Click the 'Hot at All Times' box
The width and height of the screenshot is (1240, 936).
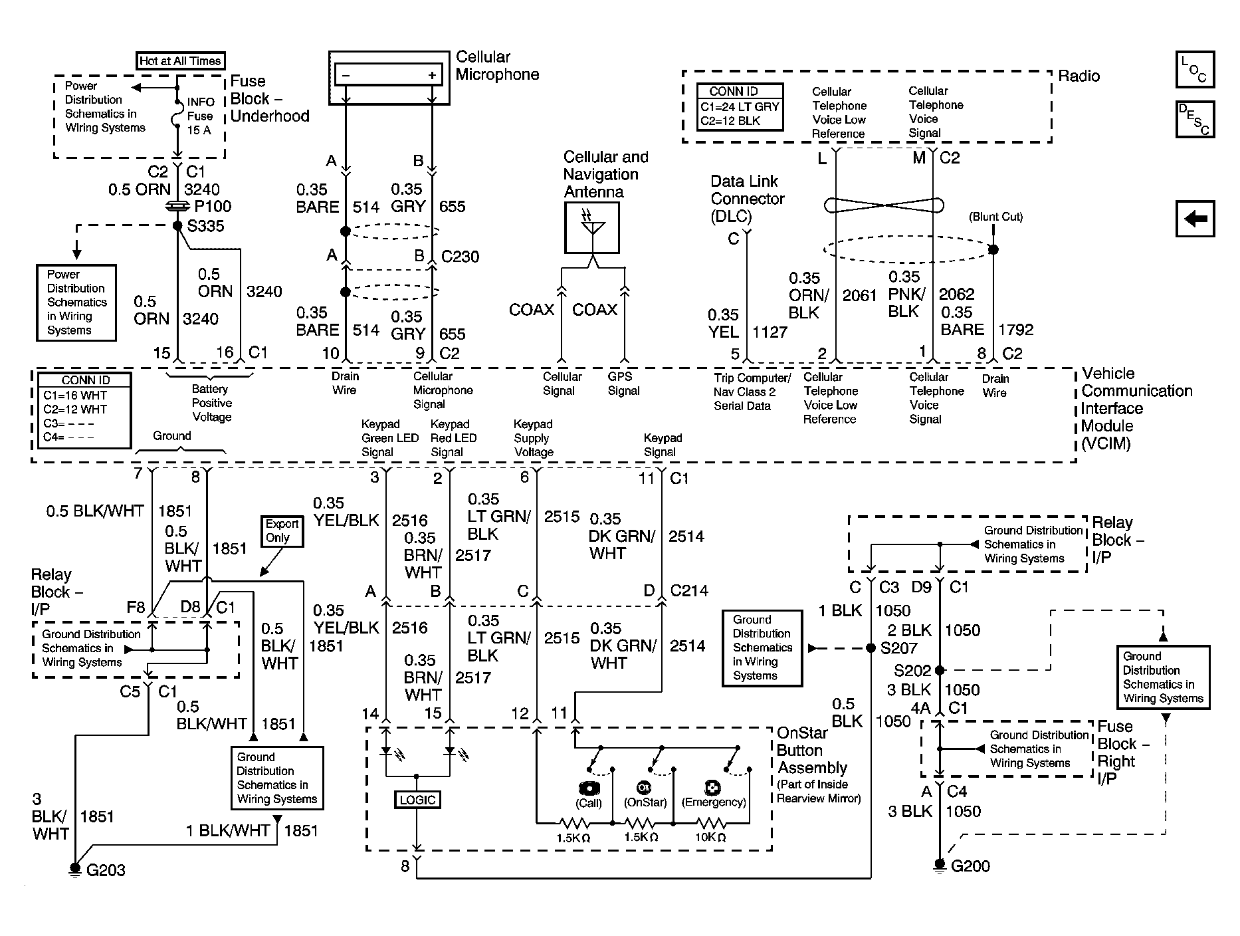(181, 61)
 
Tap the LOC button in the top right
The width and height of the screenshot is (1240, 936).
(1195, 70)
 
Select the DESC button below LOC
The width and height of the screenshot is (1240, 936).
(1195, 120)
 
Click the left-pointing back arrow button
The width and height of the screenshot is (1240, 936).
(1195, 219)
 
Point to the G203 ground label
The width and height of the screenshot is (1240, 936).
(106, 870)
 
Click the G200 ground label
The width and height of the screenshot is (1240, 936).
(971, 866)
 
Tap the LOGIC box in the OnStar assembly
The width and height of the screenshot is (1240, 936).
(417, 800)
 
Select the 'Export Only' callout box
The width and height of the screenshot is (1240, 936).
(282, 531)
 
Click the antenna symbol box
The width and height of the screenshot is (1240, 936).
(592, 228)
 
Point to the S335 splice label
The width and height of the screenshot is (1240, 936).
(206, 227)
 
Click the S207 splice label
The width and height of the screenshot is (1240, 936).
(899, 648)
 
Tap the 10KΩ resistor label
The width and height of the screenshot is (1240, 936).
(710, 838)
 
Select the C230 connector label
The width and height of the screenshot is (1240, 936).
(460, 257)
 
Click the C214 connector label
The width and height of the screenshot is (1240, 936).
(689, 590)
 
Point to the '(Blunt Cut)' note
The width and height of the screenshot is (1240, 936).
(995, 217)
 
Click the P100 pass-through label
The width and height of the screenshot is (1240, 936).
(213, 207)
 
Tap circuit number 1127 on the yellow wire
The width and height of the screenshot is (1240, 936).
(770, 332)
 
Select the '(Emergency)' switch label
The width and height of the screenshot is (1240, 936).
(714, 802)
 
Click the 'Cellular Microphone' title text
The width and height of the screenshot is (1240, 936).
(497, 66)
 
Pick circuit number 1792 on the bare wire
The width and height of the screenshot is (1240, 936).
(1016, 330)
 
